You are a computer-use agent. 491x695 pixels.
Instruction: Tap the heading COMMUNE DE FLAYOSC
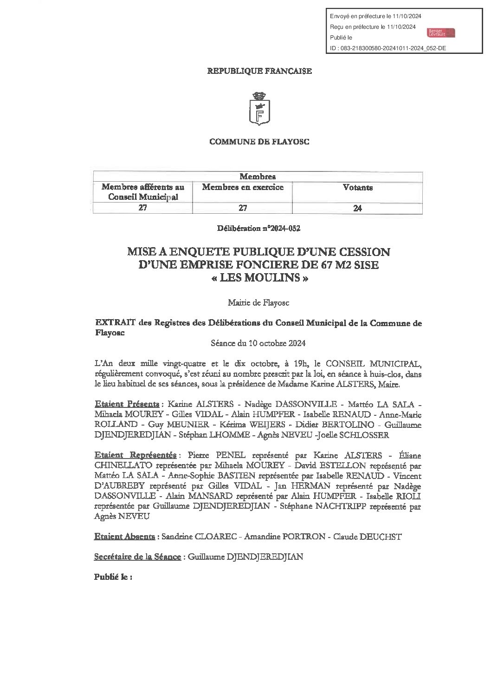pyautogui.click(x=259, y=142)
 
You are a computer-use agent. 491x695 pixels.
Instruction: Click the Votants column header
pyautogui.click(x=357, y=188)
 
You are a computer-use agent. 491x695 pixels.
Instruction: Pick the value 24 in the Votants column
pyautogui.click(x=357, y=208)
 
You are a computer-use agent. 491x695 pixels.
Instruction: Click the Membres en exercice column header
pyautogui.click(x=243, y=187)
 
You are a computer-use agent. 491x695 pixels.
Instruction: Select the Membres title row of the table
pyautogui.click(x=258, y=177)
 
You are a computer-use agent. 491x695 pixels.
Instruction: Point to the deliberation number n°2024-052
pyautogui.click(x=261, y=229)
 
